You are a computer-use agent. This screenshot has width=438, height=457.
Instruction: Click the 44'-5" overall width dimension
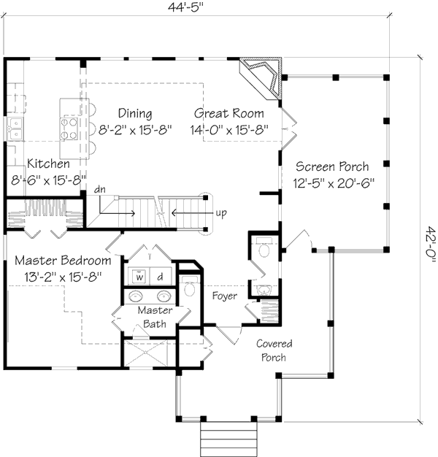pyautogui.click(x=185, y=7)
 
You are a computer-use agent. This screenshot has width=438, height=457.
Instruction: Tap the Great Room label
pyautogui.click(x=229, y=113)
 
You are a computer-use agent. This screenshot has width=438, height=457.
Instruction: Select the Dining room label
pyautogui.click(x=135, y=113)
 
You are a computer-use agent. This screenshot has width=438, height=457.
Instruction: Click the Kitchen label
pyautogui.click(x=48, y=164)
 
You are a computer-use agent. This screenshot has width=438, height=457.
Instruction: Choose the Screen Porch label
pyautogui.click(x=332, y=166)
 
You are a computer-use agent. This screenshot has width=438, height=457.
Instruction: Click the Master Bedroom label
pyautogui.click(x=63, y=261)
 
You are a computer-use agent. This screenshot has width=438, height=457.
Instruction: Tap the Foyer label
pyautogui.click(x=224, y=296)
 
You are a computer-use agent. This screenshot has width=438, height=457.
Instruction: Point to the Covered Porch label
pyautogui.click(x=274, y=350)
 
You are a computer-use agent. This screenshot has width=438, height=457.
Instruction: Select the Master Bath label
pyautogui.click(x=155, y=317)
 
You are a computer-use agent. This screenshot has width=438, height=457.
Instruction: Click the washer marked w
pyautogui.click(x=139, y=276)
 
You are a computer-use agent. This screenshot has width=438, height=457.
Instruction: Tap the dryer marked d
pyautogui.click(x=160, y=276)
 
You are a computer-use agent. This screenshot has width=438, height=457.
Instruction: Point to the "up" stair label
pyautogui.click(x=221, y=213)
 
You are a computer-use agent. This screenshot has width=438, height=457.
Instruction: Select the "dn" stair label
pyautogui.click(x=100, y=190)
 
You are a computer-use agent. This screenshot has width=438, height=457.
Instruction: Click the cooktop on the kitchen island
pyautogui.click(x=69, y=128)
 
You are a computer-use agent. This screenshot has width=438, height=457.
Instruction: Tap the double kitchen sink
pyautogui.click(x=15, y=128)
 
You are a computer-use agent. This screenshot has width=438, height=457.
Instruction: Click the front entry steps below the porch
pyautogui.click(x=228, y=439)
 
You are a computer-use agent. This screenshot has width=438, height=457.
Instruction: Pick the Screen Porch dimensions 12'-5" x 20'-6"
pyautogui.click(x=334, y=183)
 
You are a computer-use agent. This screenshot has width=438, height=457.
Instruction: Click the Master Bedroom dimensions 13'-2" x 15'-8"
pyautogui.click(x=63, y=277)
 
